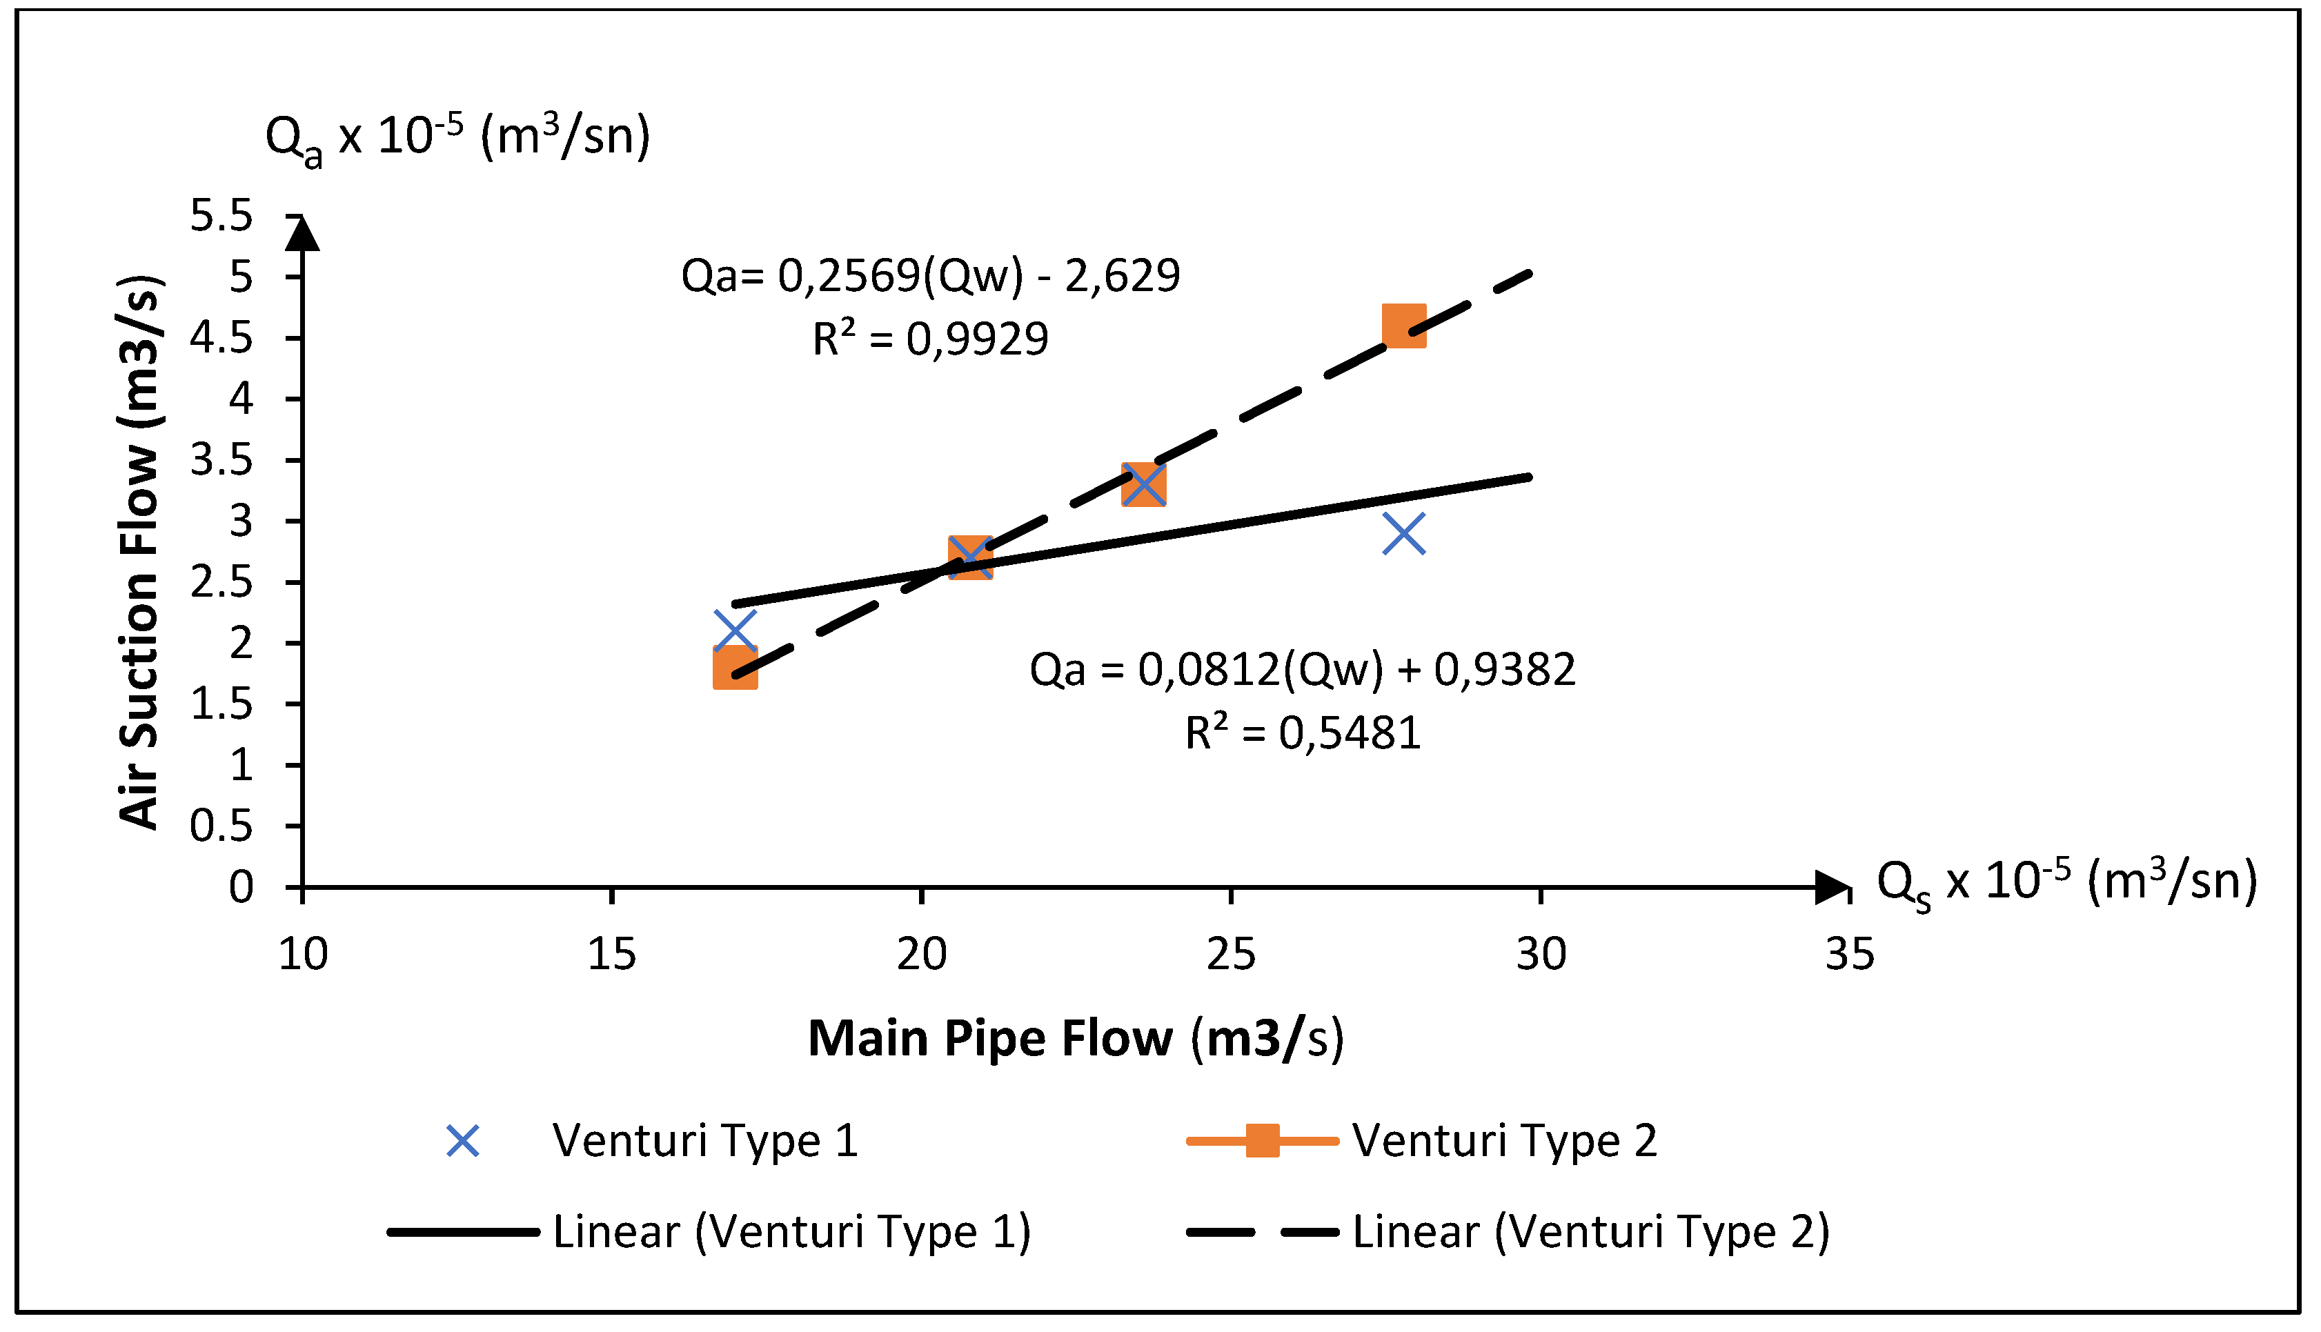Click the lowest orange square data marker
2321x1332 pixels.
[735, 667]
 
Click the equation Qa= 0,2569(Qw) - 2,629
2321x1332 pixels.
[931, 275]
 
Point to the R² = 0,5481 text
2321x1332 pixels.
[1303, 733]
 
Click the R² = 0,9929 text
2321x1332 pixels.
[931, 339]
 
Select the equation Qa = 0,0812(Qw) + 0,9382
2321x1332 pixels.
[1303, 670]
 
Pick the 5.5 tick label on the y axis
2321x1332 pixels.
[221, 217]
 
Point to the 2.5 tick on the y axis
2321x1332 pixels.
[221, 583]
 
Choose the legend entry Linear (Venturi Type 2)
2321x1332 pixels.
[1590, 1231]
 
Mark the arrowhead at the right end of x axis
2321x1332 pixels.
[1832, 887]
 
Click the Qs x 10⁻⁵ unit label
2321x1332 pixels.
[2066, 884]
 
